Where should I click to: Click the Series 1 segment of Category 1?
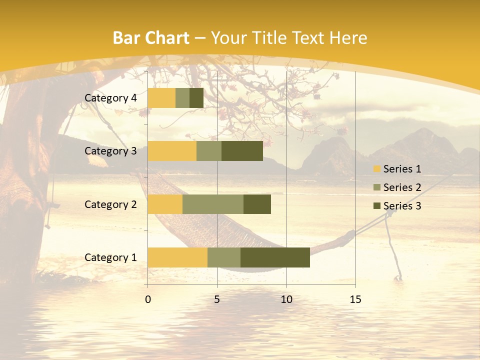177,257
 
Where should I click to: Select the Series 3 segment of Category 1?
275,257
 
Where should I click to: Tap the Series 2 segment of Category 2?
213,204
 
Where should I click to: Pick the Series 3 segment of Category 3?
242,151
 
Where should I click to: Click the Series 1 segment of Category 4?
161,98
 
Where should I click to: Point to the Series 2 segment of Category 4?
182,98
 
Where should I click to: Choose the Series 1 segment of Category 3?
172,151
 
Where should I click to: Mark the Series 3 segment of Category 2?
257,204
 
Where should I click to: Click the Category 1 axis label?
110,257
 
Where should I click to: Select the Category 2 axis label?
110,204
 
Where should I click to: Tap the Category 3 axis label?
110,151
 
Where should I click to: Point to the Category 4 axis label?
110,98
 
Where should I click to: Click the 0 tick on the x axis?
148,299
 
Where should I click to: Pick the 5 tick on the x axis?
217,299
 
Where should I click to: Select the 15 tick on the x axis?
355,299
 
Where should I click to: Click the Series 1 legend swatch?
377,169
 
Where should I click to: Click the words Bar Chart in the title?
150,38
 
